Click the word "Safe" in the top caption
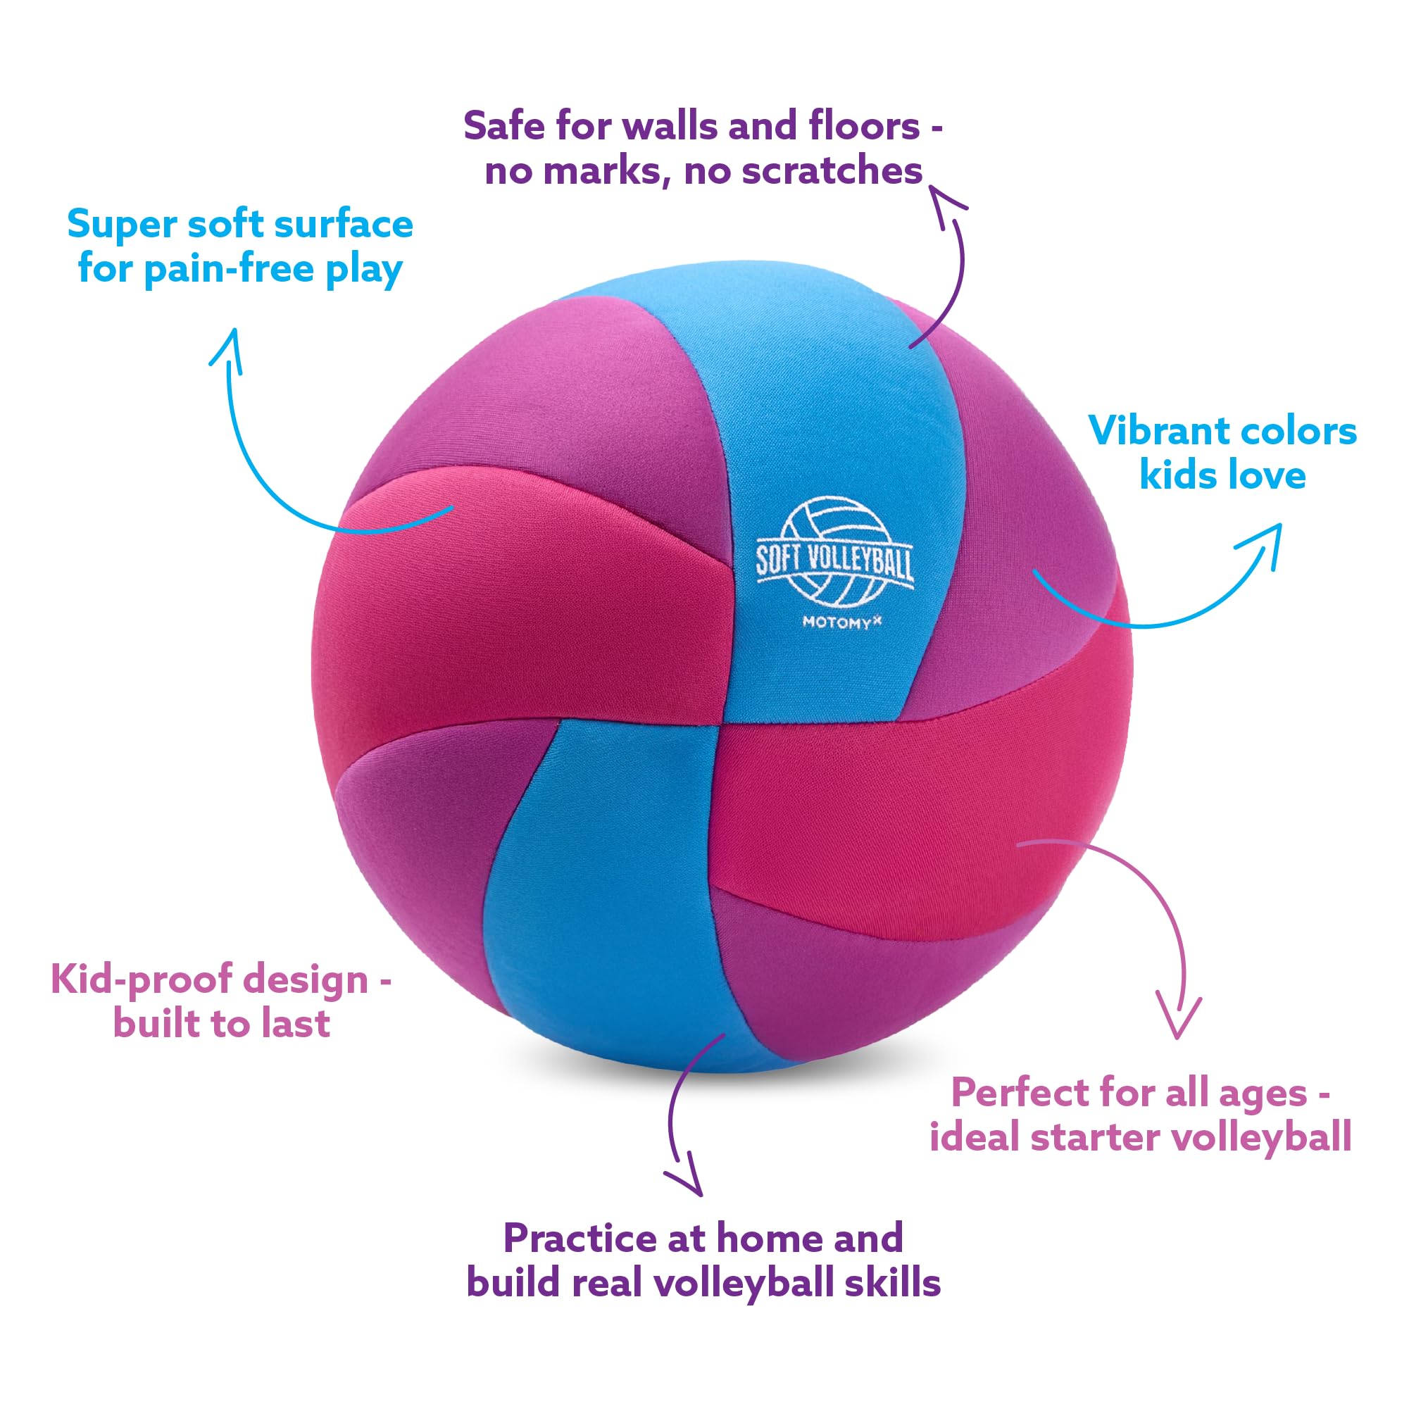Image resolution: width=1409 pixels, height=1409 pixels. point(503,126)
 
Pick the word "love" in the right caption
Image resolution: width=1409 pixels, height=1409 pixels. point(1266,475)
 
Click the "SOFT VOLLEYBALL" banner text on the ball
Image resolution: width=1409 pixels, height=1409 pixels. point(834,562)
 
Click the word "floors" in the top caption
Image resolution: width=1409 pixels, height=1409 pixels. point(863,126)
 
